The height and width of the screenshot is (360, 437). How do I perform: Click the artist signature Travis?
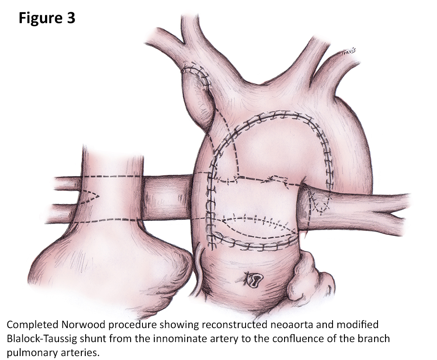348,52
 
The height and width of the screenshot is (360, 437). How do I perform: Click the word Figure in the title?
39,18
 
